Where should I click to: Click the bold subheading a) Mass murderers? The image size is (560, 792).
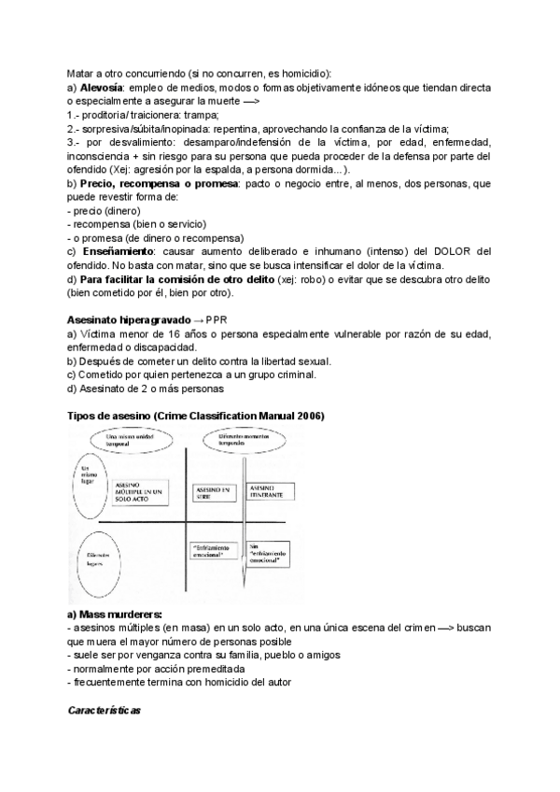[x=115, y=614]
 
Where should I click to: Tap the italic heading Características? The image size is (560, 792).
[x=104, y=711]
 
